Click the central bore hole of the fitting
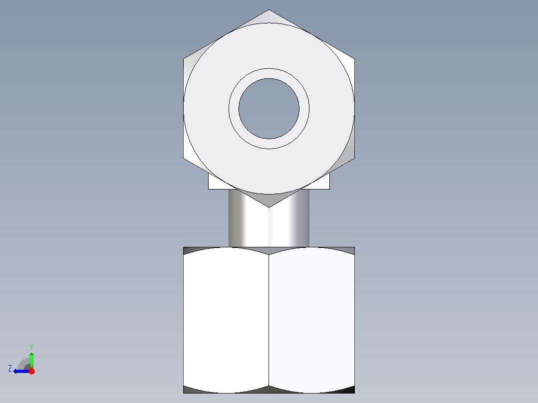(269, 109)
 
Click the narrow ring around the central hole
(269, 73)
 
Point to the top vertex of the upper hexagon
(269, 10)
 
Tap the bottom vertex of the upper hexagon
(269, 206)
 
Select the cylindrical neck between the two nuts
(269, 224)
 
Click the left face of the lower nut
(226, 319)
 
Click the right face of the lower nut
(312, 319)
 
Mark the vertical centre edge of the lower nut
(269, 319)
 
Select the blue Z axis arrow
(19, 371)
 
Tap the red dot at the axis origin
(31, 371)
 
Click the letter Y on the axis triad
(31, 346)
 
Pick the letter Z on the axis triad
(10, 369)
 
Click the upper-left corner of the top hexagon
(184, 59)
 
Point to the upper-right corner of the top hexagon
(354, 59)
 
